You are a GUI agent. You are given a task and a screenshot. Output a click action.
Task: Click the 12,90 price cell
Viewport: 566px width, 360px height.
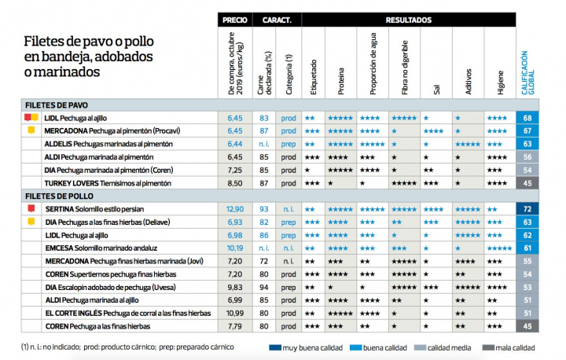coord(234,209)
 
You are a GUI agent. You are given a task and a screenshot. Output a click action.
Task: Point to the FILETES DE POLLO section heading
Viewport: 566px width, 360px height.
coord(60,196)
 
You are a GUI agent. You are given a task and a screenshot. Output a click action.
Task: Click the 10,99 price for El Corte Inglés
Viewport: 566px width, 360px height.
coord(234,313)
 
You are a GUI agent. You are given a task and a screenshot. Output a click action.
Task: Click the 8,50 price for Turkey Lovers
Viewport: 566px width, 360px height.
coord(234,182)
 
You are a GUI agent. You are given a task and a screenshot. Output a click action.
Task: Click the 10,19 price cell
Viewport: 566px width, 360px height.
coord(234,248)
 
